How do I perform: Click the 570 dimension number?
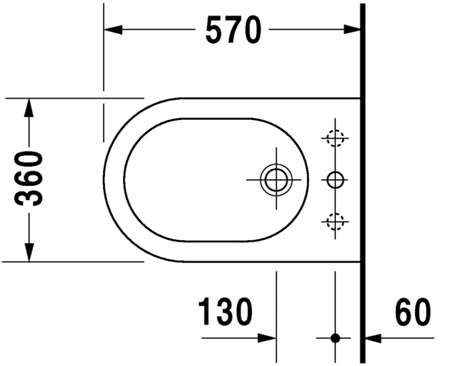pyautogui.click(x=233, y=30)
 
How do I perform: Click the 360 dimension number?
pyautogui.click(x=28, y=179)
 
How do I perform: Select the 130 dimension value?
pyautogui.click(x=225, y=311)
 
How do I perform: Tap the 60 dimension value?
pyautogui.click(x=413, y=311)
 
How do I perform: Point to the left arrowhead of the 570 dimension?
pyautogui.click(x=113, y=29)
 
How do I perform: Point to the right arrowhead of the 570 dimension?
pyautogui.click(x=352, y=29)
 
